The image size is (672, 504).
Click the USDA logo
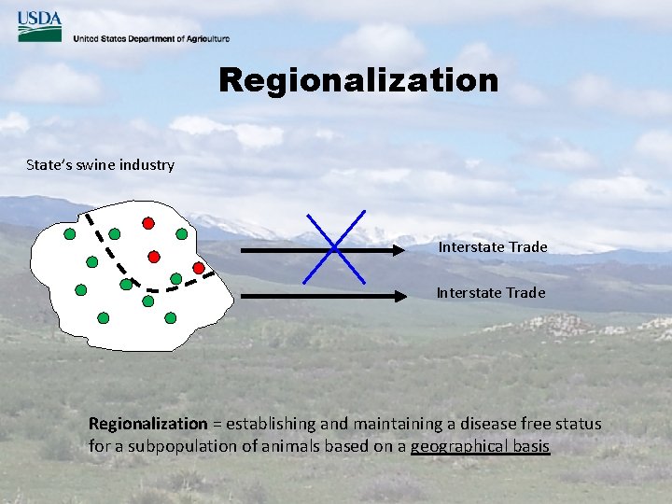click(39, 25)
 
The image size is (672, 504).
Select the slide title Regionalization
click(358, 80)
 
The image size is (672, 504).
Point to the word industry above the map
click(145, 165)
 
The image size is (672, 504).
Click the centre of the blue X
click(334, 248)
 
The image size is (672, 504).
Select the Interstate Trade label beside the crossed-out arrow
click(493, 247)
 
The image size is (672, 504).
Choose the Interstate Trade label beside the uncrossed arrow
click(491, 293)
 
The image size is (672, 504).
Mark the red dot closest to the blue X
click(199, 268)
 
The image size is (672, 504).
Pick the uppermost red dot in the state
click(147, 223)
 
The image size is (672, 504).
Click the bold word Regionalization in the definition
click(147, 425)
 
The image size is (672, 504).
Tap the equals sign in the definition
click(217, 425)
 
